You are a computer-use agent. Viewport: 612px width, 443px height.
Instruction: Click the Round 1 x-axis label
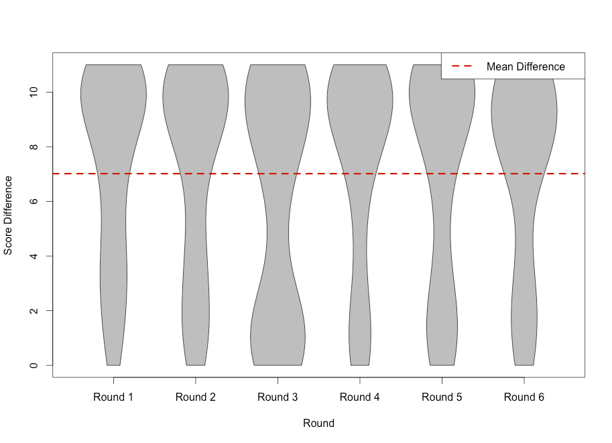point(113,397)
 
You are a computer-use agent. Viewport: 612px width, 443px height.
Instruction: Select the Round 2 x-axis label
point(196,397)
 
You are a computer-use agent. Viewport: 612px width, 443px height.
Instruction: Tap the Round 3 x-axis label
point(278,397)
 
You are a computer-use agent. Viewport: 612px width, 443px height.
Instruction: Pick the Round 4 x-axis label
point(360,397)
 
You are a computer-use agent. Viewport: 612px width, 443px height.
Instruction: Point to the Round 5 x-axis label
point(442,397)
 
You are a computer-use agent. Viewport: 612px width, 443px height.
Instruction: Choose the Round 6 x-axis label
point(524,397)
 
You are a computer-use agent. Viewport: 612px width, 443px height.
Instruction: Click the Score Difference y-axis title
point(9,215)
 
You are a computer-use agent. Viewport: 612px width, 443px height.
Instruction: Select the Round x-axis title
point(318,424)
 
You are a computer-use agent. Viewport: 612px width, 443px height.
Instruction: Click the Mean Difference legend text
point(526,66)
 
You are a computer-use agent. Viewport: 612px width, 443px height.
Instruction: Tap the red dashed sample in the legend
point(463,66)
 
